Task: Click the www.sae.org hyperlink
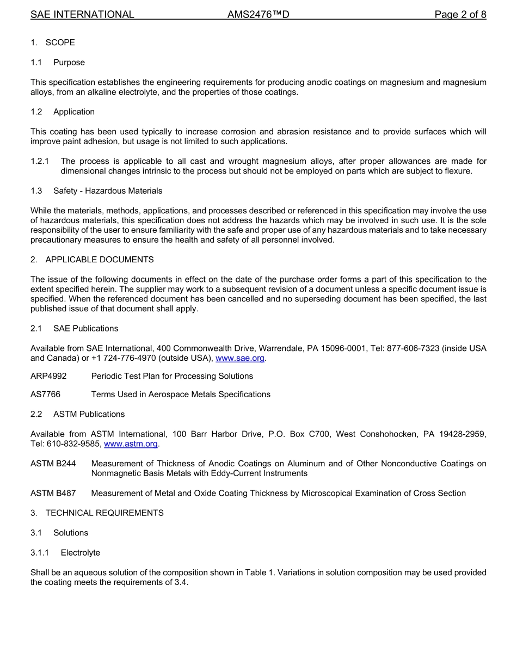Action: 240,358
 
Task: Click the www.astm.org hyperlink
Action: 131,443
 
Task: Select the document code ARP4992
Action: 48,376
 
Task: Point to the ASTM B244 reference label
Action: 53,464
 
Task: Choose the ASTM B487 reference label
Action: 53,493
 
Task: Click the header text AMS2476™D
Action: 258,15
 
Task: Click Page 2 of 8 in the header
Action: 460,15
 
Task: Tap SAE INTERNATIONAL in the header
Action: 82,15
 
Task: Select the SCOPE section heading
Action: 60,42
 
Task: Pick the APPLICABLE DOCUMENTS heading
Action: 100,260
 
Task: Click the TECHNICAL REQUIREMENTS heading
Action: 104,513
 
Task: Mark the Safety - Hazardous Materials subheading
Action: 108,190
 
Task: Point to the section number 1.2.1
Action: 40,161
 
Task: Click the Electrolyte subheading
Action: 81,552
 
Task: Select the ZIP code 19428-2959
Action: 462,434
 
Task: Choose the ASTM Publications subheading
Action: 89,414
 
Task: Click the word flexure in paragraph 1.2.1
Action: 458,171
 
